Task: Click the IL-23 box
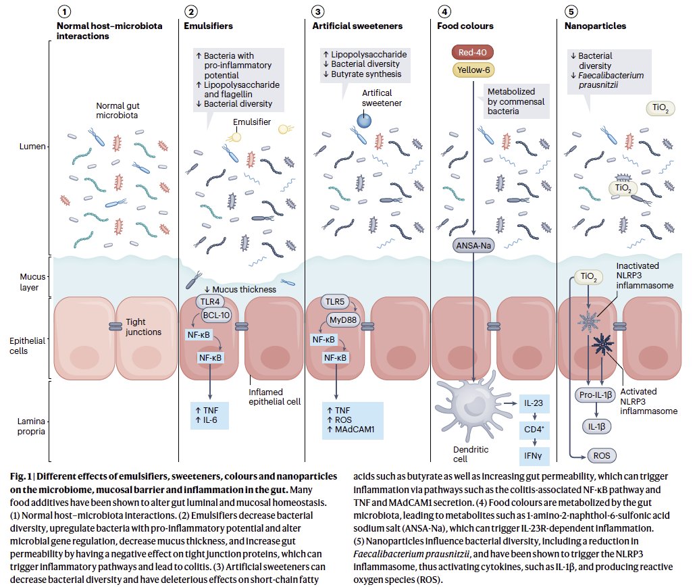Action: [x=534, y=404]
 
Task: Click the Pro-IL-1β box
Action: [x=595, y=394]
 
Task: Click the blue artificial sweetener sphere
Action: [x=364, y=120]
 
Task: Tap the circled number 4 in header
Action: [x=444, y=12]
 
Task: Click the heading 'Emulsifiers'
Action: [x=208, y=26]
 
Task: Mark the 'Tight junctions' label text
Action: [x=145, y=327]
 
